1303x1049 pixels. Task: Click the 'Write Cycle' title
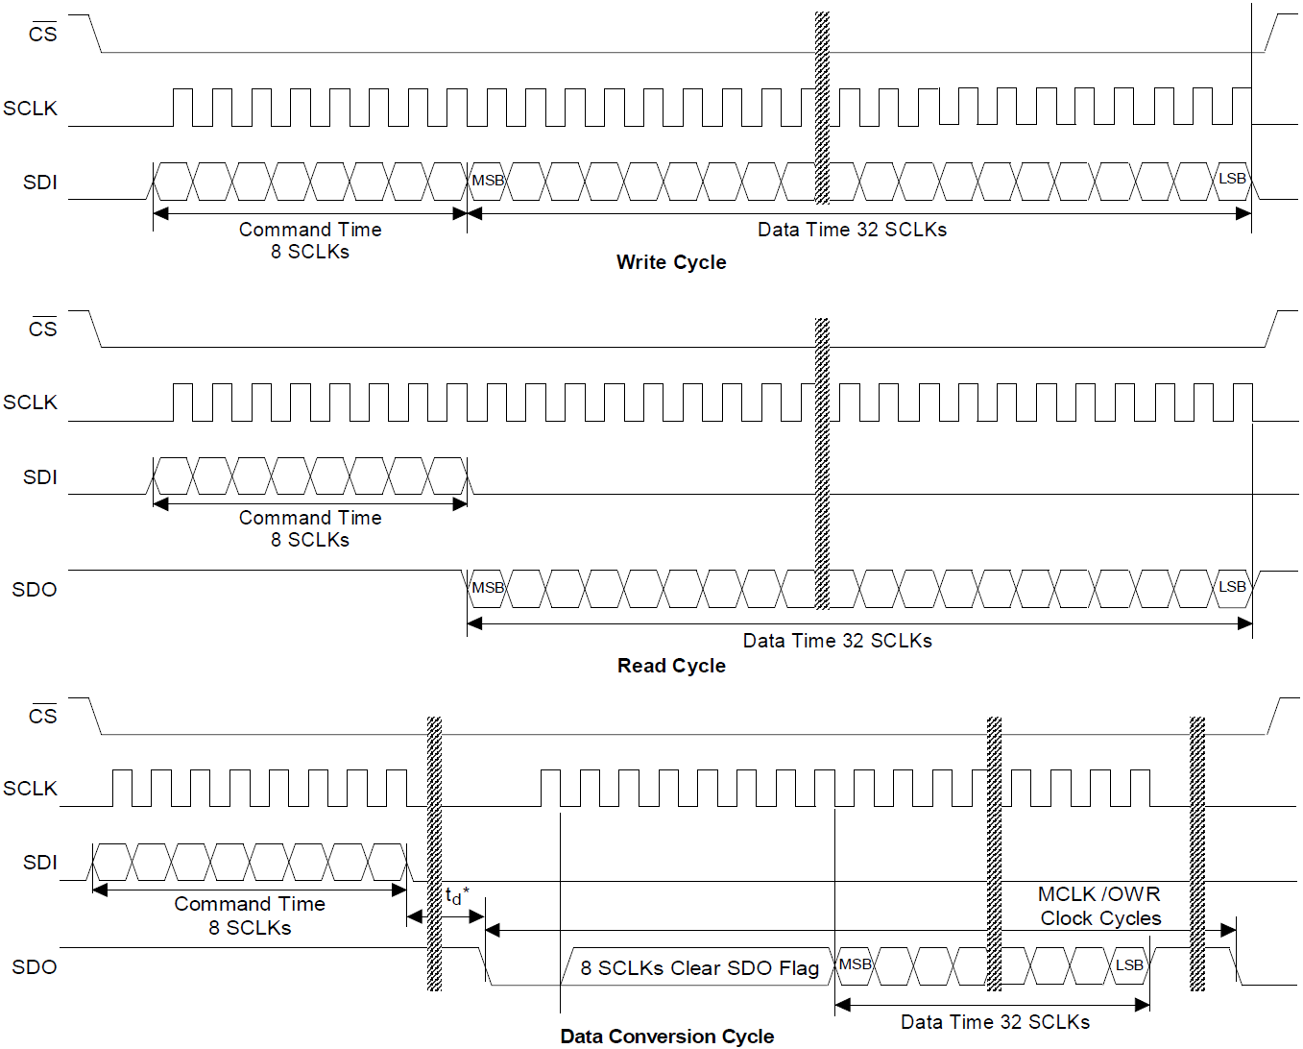pos(671,262)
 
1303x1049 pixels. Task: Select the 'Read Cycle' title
pos(671,666)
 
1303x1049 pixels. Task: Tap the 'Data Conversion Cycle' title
pos(666,1037)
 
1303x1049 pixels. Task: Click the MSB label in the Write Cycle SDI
pos(488,181)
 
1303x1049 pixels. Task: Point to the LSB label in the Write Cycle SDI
pos(1232,179)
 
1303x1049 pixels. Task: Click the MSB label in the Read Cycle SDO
pos(488,588)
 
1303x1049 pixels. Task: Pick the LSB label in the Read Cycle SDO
pos(1232,587)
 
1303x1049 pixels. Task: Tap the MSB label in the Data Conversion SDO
pos(856,964)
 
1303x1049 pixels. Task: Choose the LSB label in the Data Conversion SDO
pos(1129,965)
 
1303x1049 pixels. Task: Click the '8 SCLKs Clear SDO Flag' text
pos(699,968)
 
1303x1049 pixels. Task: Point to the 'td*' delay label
pos(456,896)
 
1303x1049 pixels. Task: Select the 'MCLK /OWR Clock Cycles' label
pos(1100,906)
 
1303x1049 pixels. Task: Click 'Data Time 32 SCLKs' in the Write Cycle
pos(852,230)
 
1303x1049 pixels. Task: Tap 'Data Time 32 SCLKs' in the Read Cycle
pos(837,641)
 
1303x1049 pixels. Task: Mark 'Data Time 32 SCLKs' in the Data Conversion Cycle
pos(995,1022)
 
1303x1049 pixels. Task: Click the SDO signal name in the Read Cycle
pos(35,590)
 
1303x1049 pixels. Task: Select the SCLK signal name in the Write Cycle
pos(30,109)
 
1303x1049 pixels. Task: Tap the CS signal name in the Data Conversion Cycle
pos(42,716)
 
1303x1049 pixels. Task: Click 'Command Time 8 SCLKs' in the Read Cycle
pos(310,528)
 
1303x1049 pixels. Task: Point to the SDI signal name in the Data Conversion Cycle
pos(39,863)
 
